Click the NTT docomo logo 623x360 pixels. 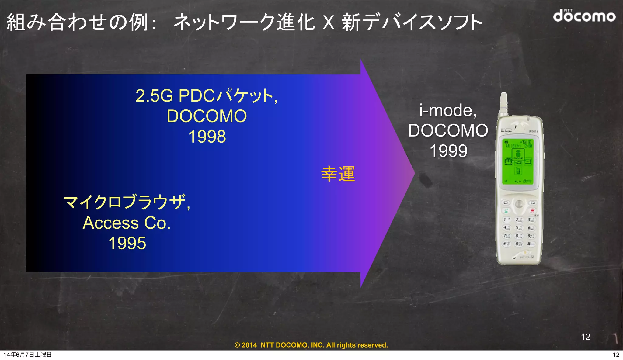584,16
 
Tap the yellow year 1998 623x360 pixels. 207,137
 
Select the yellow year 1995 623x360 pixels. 127,243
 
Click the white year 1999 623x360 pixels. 448,151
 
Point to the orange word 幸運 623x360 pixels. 338,174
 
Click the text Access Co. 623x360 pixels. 127,223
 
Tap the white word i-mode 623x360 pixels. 447,110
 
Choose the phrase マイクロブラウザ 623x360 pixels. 125,202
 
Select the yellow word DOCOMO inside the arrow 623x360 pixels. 207,116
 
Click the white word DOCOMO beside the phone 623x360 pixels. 448,130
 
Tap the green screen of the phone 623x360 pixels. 518,161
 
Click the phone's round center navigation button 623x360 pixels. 519,204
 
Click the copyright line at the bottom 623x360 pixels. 311,345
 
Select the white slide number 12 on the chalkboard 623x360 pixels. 585,337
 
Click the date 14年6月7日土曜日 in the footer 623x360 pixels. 28,355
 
